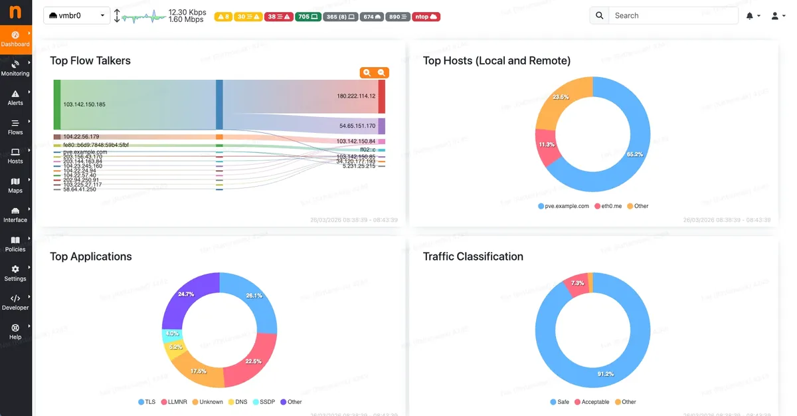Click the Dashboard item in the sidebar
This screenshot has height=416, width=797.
(x=15, y=39)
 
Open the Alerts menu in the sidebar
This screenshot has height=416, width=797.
(x=15, y=98)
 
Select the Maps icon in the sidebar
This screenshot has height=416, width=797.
(x=15, y=185)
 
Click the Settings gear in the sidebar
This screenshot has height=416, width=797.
(x=15, y=273)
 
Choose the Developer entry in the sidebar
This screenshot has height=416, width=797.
(x=15, y=302)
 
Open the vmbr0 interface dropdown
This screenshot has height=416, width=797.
(x=76, y=16)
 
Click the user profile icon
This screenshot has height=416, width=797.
(x=775, y=16)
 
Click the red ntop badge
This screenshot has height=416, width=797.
(x=425, y=17)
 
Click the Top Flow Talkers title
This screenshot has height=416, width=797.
(x=90, y=60)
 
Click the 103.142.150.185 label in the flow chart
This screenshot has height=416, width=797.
(x=84, y=104)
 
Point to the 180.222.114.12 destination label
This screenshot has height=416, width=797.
(x=356, y=96)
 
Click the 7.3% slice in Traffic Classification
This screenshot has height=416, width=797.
(x=576, y=283)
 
